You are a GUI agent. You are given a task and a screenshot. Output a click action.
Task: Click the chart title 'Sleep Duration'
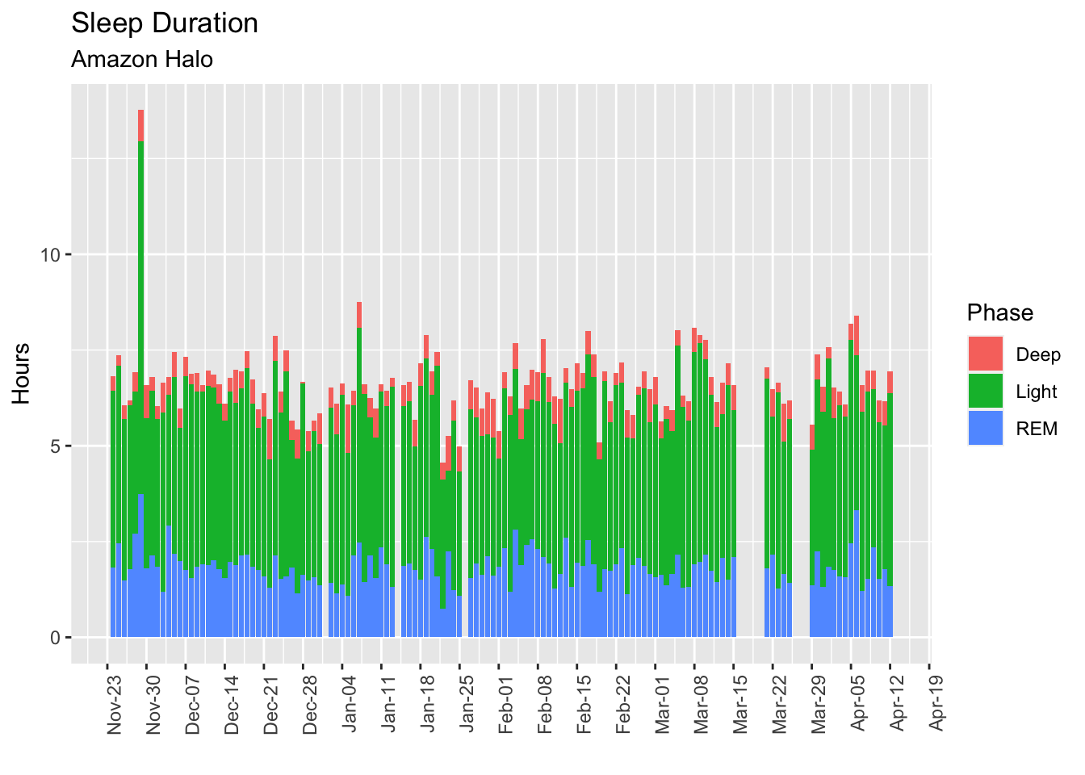tap(165, 23)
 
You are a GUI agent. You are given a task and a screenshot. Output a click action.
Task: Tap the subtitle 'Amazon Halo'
tap(142, 59)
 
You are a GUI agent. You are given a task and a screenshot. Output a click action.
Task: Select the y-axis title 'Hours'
tap(22, 373)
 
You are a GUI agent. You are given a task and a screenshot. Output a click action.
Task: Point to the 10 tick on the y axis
tap(52, 255)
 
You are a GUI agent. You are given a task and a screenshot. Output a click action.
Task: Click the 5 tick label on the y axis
tap(56, 446)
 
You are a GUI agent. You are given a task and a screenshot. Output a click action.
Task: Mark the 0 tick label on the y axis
tap(56, 638)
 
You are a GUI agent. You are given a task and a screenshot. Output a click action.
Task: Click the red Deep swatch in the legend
tap(986, 354)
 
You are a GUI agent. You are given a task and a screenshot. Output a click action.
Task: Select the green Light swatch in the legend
tap(986, 392)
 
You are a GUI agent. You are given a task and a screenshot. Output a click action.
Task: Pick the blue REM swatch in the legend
tap(986, 429)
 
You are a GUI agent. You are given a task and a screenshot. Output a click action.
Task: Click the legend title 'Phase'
tap(999, 312)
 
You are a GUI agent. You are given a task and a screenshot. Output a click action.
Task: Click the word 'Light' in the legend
tap(1037, 392)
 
